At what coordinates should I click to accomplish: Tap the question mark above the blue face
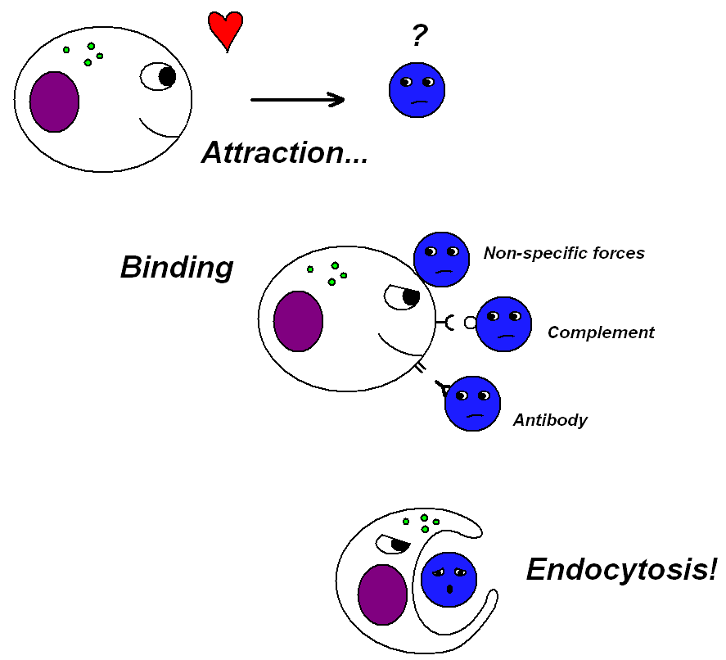click(419, 36)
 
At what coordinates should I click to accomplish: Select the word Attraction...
click(285, 153)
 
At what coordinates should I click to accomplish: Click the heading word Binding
click(177, 268)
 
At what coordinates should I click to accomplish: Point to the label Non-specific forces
click(564, 253)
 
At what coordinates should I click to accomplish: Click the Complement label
click(601, 332)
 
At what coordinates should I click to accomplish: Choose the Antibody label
click(550, 420)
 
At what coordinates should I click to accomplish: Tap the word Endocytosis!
click(621, 569)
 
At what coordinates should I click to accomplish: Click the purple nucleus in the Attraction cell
click(55, 102)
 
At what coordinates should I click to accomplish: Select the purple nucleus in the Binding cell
click(298, 321)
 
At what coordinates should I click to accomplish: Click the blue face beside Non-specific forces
click(441, 260)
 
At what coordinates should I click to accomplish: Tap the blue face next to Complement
click(503, 324)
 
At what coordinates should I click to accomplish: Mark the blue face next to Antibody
click(472, 404)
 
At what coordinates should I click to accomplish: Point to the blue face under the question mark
click(417, 89)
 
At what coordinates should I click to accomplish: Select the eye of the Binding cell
click(403, 297)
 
